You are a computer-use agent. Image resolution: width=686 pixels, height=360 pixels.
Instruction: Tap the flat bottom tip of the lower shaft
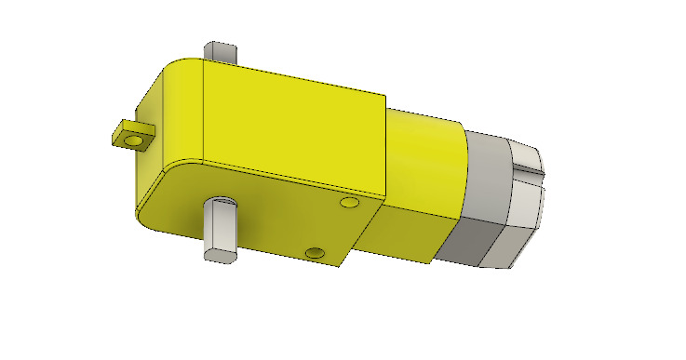(220, 253)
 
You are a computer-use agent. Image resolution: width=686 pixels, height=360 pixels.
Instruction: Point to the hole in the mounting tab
(133, 141)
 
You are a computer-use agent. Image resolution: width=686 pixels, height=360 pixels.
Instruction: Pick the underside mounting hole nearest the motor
(350, 202)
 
